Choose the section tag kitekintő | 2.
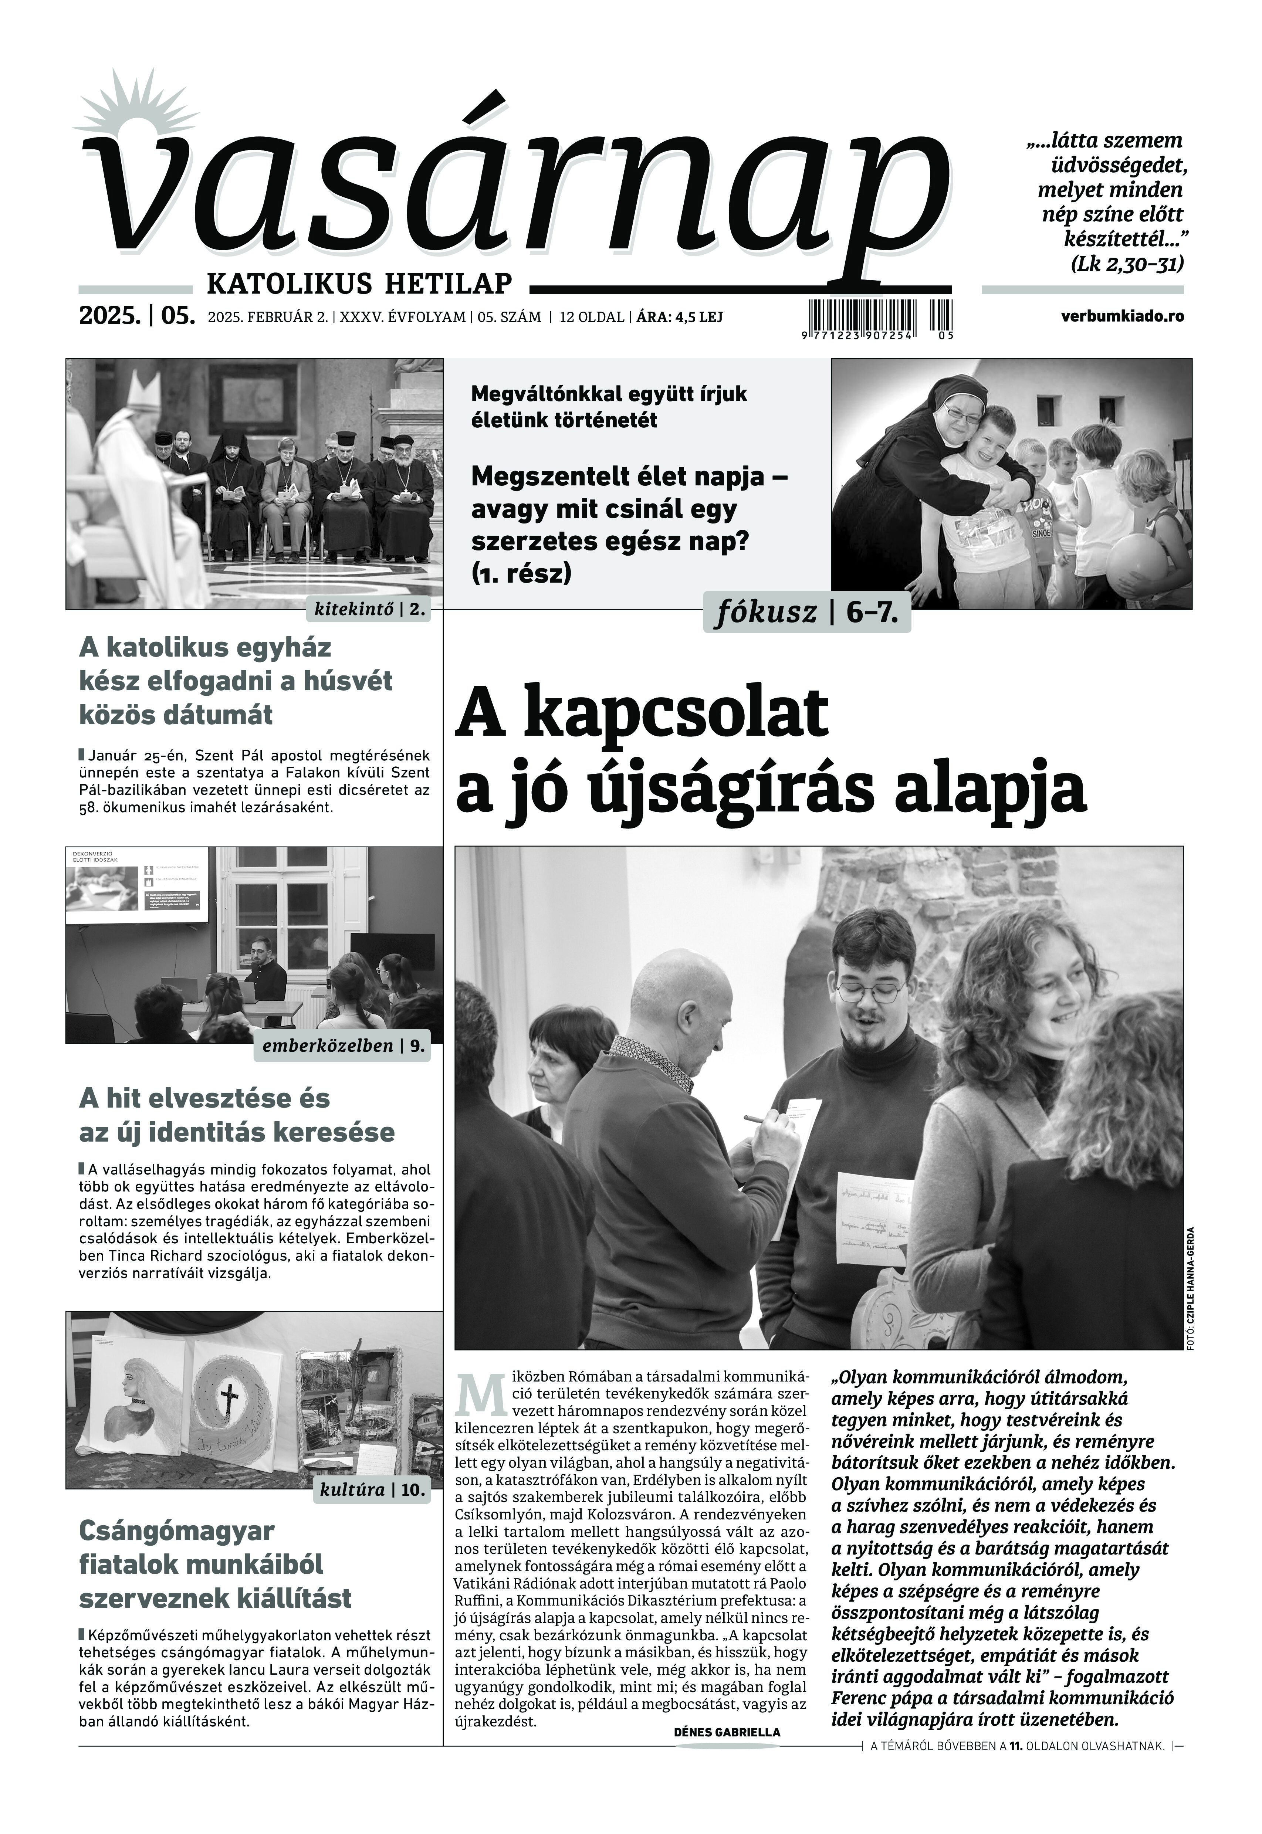click(x=369, y=610)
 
